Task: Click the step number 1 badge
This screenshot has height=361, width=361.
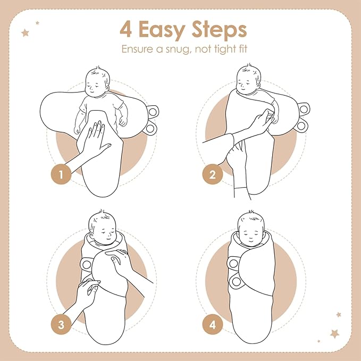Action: (61, 174)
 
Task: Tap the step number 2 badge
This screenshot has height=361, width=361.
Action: (213, 174)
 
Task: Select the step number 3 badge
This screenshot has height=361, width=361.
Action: (61, 325)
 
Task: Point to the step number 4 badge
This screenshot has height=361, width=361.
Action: (213, 325)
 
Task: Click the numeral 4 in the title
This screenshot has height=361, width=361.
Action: (126, 29)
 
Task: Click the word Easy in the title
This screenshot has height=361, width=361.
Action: (162, 31)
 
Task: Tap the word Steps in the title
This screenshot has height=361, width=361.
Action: (219, 31)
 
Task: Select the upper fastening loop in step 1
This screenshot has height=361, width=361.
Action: (152, 112)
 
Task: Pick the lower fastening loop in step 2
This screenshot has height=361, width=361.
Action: (301, 126)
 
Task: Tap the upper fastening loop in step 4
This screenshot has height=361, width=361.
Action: (234, 263)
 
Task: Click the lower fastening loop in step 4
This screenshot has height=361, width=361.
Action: (236, 281)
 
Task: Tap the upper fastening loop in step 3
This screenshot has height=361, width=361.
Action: (87, 265)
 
